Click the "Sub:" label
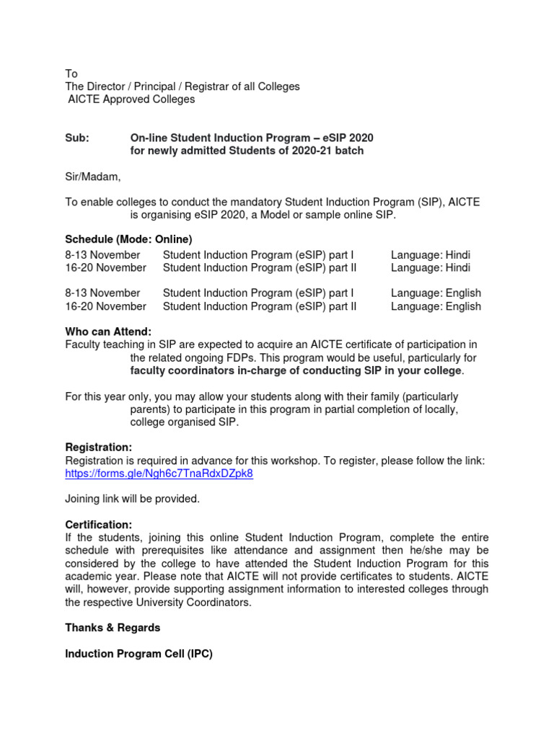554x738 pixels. point(77,138)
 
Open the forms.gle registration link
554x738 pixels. point(159,474)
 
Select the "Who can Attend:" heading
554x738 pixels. point(108,332)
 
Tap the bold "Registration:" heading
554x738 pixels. point(99,448)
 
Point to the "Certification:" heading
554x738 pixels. point(99,525)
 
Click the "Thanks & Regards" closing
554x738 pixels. point(113,628)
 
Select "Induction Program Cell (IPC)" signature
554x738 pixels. point(138,654)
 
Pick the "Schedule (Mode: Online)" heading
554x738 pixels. point(128,239)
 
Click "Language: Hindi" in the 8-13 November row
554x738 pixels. point(430,255)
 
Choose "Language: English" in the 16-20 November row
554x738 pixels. point(435,306)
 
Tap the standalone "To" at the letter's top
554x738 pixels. point(71,74)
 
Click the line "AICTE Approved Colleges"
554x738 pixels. point(131,99)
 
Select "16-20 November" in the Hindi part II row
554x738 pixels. point(105,268)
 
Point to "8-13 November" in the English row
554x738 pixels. point(102,293)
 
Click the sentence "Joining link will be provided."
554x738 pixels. point(132,499)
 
